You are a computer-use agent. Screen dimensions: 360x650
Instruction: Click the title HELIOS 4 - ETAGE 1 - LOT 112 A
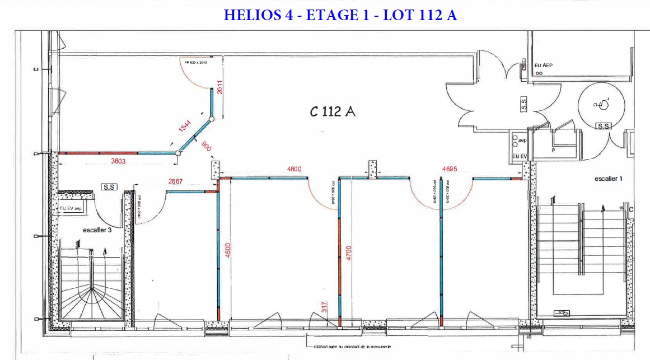[x=340, y=15]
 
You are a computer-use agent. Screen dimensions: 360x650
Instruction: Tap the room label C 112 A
[x=333, y=112]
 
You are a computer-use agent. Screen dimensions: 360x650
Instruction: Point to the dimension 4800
[x=294, y=169]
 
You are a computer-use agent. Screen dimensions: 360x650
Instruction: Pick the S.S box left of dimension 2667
[x=109, y=186]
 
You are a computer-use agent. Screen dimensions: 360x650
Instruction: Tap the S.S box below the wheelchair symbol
[x=603, y=126]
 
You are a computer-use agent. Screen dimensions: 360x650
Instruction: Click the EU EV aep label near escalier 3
[x=71, y=208]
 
